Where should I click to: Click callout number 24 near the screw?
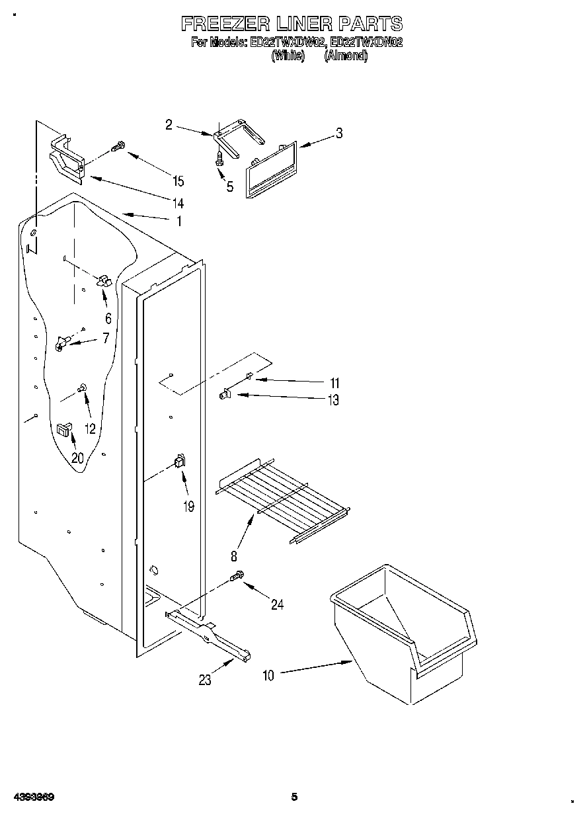[278, 603]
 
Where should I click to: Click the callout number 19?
[188, 507]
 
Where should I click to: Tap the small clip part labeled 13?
[224, 395]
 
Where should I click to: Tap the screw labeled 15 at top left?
[118, 147]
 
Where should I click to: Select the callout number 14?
[178, 204]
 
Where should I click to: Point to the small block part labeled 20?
[63, 429]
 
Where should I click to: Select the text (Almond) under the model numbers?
[345, 56]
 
